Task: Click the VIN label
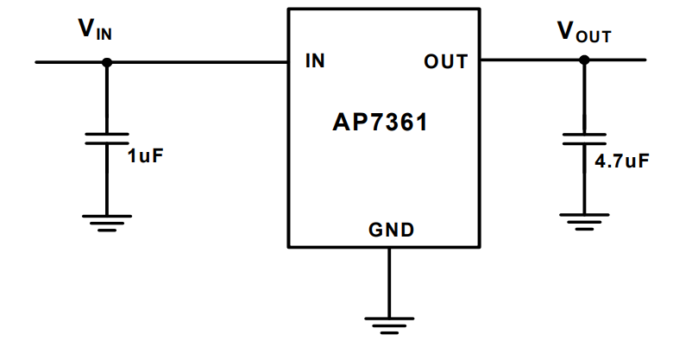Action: coord(95,32)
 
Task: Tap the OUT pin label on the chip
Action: coord(445,62)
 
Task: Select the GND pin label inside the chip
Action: coord(392,230)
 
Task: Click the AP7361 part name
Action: coord(381,123)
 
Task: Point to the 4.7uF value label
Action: coord(621,161)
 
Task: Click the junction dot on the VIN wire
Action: coord(107,62)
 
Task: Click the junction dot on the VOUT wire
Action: coord(584,60)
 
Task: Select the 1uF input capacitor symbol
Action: coord(107,139)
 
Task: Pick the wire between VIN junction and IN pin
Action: coord(198,62)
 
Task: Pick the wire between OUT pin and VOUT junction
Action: coord(531,60)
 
